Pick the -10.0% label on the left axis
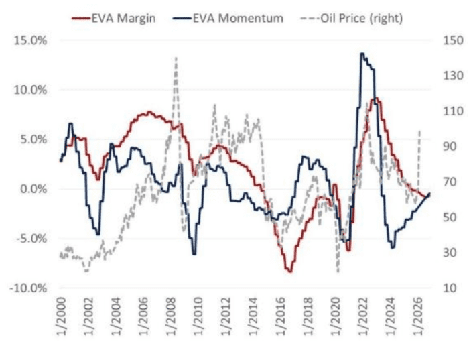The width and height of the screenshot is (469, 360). (x=27, y=288)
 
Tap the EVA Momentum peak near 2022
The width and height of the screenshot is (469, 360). (x=362, y=54)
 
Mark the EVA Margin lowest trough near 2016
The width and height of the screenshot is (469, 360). (x=289, y=271)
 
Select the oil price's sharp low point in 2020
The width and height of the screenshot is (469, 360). (x=338, y=272)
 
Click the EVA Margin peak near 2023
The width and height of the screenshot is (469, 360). (x=376, y=99)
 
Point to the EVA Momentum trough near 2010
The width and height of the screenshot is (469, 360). (x=194, y=254)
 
